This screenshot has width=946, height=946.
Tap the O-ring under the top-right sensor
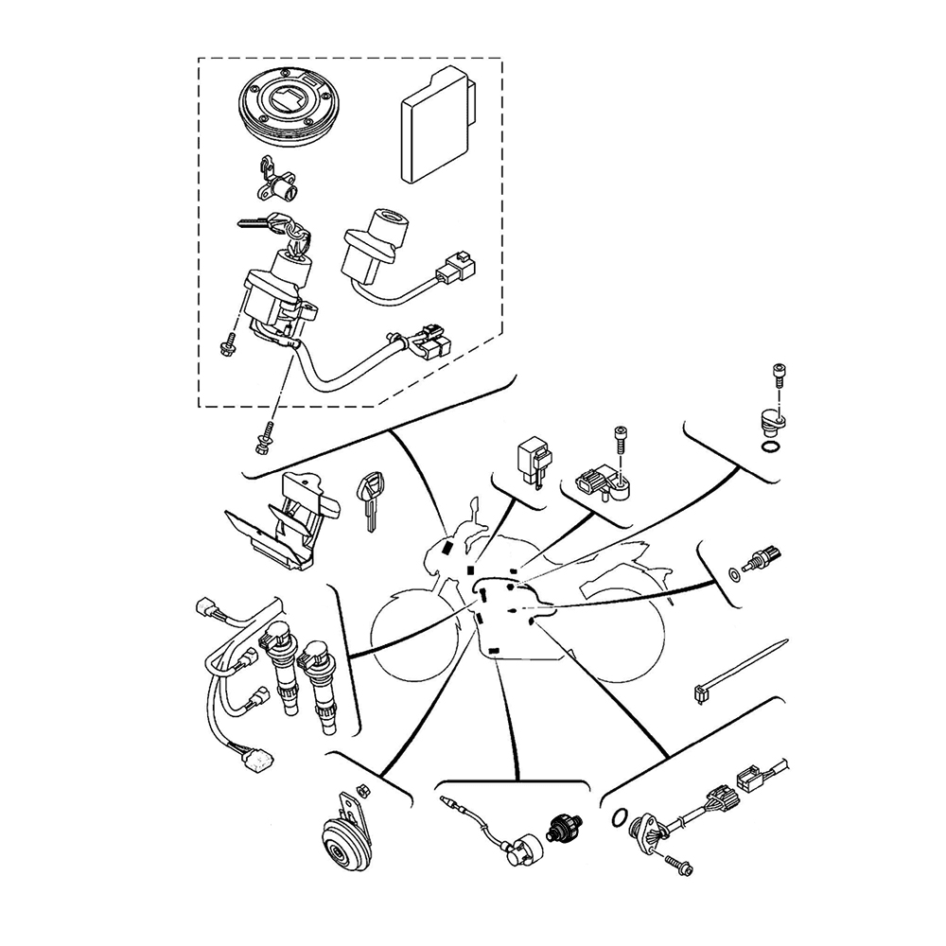pos(771,447)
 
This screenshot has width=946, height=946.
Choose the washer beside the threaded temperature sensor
pos(734,574)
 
